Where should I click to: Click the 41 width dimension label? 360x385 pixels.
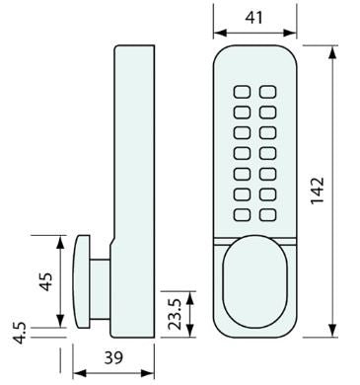[x=254, y=17]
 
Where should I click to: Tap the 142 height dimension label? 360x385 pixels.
[x=318, y=191]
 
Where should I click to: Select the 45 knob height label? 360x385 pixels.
[x=45, y=281]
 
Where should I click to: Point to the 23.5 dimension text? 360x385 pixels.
[x=174, y=314]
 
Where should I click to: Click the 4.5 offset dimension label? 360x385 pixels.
[x=20, y=333]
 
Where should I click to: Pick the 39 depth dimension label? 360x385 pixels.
[x=113, y=357]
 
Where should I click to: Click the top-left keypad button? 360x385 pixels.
[x=242, y=92]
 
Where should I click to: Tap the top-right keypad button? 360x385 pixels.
[x=267, y=92]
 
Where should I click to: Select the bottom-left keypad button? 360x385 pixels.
[x=242, y=215]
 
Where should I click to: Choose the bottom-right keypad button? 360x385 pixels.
[x=267, y=215]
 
